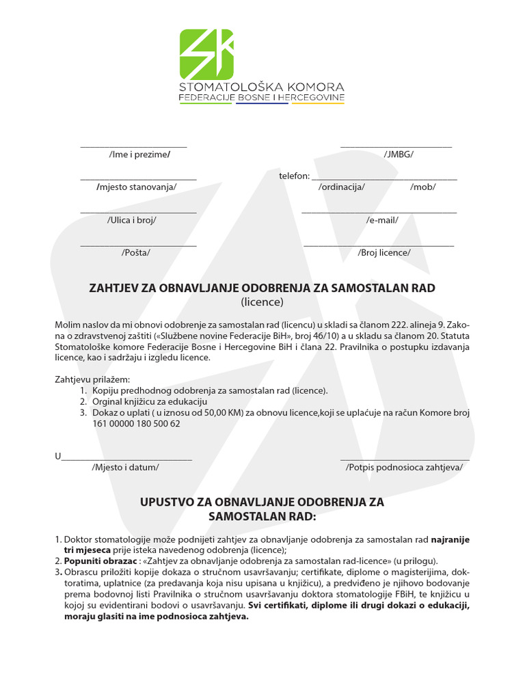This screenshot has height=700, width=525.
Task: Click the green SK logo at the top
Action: [206, 54]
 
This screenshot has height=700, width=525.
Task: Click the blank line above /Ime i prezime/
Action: [133, 146]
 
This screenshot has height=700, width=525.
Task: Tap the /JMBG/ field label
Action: [399, 154]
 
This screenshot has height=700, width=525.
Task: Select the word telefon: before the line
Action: [294, 176]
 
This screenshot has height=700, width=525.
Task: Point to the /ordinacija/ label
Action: [342, 187]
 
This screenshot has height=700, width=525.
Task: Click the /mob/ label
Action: [422, 187]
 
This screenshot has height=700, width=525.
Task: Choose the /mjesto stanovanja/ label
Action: [137, 187]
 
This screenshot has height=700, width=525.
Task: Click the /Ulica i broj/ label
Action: [132, 220]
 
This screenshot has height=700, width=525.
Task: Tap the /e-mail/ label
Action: [382, 220]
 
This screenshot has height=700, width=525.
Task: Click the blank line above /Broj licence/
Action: [379, 245]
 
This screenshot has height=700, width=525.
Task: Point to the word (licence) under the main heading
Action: [262, 302]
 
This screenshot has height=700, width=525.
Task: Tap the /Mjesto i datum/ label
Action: [125, 468]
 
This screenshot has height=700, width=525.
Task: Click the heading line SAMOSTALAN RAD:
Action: [262, 516]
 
